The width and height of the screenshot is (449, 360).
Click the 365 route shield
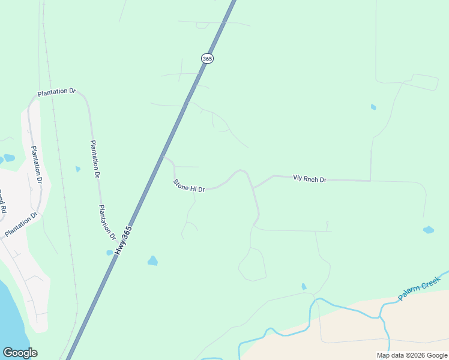[x=207, y=58]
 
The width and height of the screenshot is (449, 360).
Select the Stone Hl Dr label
[x=189, y=186]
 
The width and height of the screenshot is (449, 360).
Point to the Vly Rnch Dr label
[x=309, y=179]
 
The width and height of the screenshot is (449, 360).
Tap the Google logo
[x=20, y=352]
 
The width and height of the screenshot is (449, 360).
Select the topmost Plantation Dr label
[x=56, y=92]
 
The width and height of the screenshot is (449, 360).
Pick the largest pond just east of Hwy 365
[x=152, y=260]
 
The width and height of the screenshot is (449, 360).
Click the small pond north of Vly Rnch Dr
[x=373, y=107]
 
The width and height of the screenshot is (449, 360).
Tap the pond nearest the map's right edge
[x=428, y=230]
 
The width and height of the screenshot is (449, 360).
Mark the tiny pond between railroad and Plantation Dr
[x=77, y=169]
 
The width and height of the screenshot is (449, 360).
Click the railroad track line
[x=60, y=180]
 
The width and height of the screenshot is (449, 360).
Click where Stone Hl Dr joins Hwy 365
[x=163, y=157]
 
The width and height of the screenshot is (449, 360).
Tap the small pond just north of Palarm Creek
[x=304, y=287]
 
